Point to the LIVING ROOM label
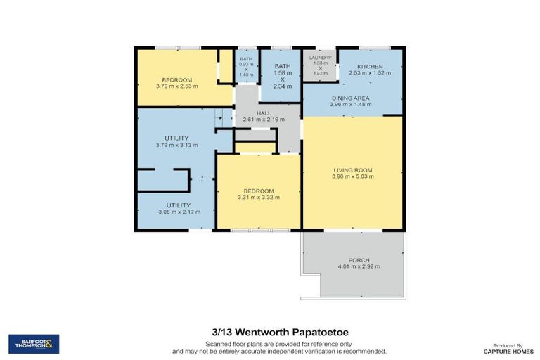point(352,170)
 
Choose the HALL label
point(263,112)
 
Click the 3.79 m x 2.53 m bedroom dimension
point(180,86)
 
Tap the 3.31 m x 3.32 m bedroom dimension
point(259,198)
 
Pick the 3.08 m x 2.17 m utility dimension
point(179,212)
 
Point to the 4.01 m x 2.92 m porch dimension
point(359,267)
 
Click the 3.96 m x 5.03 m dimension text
point(352,176)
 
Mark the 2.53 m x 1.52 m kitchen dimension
point(369,72)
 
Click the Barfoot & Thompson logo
point(34,344)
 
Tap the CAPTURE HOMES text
point(503,351)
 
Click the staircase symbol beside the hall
point(224,118)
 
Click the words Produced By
point(503,345)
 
